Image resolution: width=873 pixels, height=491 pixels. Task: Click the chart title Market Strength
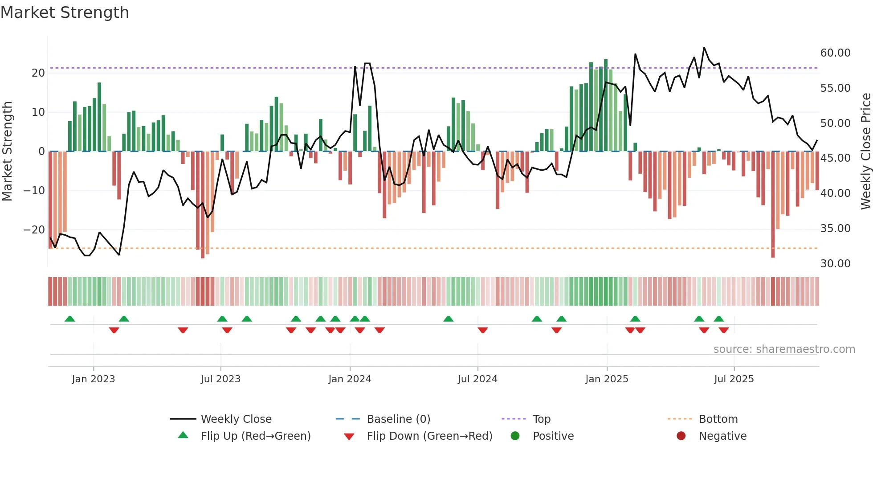[x=65, y=12]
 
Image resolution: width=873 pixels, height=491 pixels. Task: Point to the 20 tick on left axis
[x=38, y=73]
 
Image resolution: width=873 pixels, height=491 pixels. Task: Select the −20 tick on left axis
[x=34, y=230]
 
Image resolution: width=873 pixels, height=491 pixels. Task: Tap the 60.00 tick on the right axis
[x=835, y=53]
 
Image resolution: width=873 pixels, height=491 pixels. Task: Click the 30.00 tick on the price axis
[x=835, y=264]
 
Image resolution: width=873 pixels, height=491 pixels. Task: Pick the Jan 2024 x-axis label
[x=350, y=379]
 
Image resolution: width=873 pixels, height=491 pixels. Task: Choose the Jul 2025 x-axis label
[x=734, y=379]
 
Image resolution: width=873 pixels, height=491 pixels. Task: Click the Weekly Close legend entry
[x=236, y=419]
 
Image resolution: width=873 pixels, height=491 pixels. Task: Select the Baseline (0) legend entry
[x=398, y=419]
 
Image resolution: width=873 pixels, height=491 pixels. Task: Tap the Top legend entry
[x=541, y=419]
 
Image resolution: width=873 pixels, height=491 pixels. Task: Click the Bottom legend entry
[x=718, y=419]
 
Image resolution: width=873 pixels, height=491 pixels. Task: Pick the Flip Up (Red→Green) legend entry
[x=255, y=436]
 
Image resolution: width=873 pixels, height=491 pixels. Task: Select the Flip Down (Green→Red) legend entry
[x=429, y=436]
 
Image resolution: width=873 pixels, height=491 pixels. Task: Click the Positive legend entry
[x=553, y=436]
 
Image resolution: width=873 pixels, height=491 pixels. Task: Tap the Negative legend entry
[x=722, y=436]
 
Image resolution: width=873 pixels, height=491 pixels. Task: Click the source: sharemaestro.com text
[x=784, y=349]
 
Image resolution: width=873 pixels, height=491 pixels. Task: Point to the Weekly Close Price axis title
[x=865, y=151]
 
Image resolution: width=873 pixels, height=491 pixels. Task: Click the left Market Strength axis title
[x=7, y=151]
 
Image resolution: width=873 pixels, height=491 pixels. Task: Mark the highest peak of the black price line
[x=704, y=48]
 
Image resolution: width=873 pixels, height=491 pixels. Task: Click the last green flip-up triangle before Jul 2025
[x=719, y=319]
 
